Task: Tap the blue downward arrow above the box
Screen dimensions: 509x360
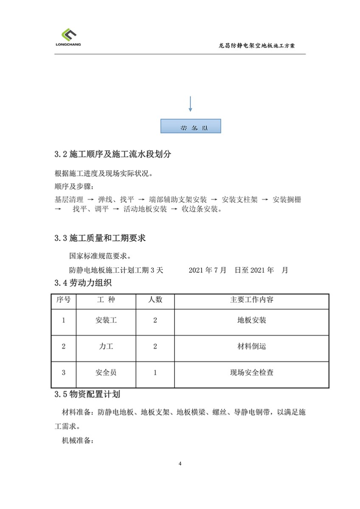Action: click(x=190, y=104)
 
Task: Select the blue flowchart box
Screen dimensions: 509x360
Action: click(x=191, y=126)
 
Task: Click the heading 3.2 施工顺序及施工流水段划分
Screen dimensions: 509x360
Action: click(x=112, y=154)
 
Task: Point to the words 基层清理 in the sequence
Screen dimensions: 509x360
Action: click(x=69, y=199)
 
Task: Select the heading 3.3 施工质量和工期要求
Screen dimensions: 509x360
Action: click(x=100, y=238)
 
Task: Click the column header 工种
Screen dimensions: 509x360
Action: click(x=106, y=300)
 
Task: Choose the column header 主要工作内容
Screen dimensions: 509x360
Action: click(x=252, y=300)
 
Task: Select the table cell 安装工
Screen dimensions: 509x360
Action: click(x=106, y=321)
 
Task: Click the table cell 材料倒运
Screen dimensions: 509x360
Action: click(x=252, y=347)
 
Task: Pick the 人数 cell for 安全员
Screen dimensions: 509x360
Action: click(x=155, y=373)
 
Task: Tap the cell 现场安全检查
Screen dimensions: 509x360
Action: click(x=252, y=373)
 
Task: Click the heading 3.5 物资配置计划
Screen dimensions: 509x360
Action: click(x=87, y=394)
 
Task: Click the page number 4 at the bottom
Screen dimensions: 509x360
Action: click(x=180, y=463)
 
